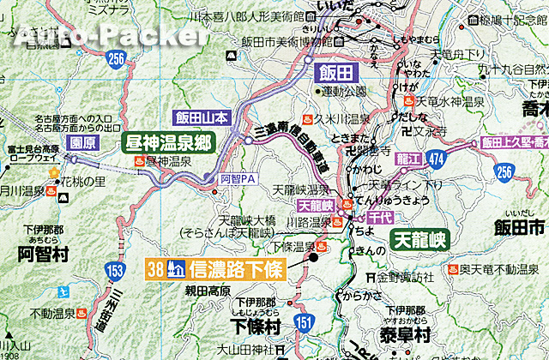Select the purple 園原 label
pyautogui.click(x=77, y=141)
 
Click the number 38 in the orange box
pyautogui.click(x=155, y=268)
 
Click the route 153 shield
pyautogui.click(x=116, y=270)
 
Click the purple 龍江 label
pyautogui.click(x=383, y=158)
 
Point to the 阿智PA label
pyautogui.click(x=238, y=178)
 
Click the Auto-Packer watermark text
pyautogui.click(x=111, y=34)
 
